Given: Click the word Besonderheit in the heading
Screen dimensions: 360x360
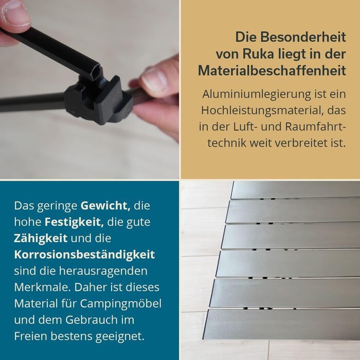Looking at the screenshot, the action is click(303, 37).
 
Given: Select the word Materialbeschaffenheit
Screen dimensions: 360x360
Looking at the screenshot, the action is click(272, 70).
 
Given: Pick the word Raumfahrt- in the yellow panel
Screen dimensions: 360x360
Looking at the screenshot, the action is click(315, 127).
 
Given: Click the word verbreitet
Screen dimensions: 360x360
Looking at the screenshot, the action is click(299, 143).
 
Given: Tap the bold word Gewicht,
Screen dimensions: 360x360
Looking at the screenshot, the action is click(105, 206).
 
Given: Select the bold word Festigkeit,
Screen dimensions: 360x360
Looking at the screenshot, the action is click(74, 222).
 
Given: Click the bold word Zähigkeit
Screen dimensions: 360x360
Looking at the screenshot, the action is click(41, 238).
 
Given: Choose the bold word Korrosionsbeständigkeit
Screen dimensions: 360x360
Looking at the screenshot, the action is click(84, 255).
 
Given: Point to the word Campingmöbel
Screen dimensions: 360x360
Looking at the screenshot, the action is click(121, 304).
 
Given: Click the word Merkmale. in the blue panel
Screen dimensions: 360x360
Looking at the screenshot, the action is click(43, 287).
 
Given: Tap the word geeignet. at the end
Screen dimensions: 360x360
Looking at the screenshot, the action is click(120, 337).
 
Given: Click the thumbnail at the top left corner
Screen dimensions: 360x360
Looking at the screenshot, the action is click(89, 89).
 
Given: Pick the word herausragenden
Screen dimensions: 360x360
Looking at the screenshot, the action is click(103, 272).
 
